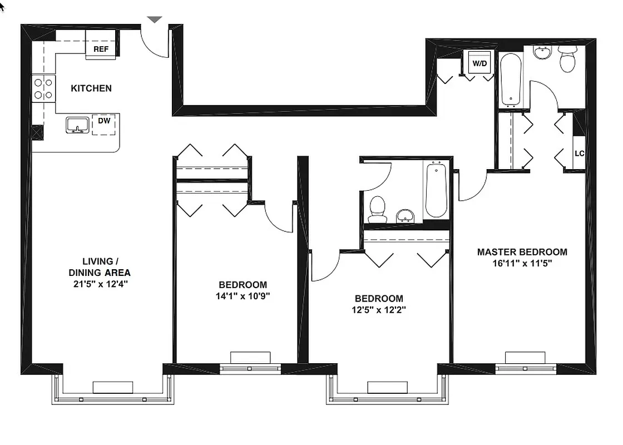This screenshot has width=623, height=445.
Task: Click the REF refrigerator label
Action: [101, 49]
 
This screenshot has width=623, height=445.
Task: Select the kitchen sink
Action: [77, 125]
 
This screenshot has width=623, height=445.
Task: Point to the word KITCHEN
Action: [91, 88]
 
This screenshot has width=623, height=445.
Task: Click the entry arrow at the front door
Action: [155, 19]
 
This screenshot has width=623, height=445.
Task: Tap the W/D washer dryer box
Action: [479, 63]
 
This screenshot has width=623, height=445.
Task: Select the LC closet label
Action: [579, 153]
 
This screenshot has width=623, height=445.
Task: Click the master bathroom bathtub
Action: [511, 79]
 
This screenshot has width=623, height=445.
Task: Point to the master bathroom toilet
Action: [567, 60]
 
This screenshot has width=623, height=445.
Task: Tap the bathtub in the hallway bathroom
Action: [436, 190]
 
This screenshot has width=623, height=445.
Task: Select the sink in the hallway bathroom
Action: [405, 215]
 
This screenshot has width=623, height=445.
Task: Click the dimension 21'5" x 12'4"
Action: [100, 284]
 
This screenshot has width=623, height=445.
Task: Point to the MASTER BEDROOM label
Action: [522, 252]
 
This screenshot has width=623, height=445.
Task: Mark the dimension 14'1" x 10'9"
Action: [243, 296]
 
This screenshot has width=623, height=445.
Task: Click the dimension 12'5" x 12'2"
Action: [379, 310]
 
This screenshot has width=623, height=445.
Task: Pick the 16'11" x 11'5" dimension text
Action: [522, 264]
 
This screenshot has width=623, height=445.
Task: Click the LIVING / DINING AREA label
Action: [100, 267]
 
